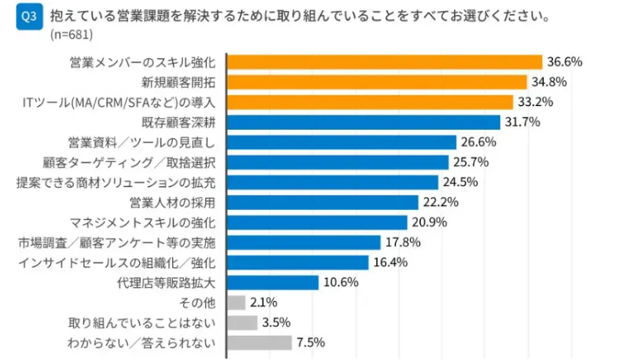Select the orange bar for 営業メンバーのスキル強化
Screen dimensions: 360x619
point(384,61)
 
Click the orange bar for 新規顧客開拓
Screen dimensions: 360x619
point(376,82)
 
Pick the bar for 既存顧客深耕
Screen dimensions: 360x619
point(363,122)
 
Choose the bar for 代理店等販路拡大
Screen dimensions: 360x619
point(273,282)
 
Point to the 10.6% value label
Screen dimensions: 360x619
point(340,282)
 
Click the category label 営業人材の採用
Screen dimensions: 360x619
point(172,202)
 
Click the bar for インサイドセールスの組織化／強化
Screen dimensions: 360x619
point(297,263)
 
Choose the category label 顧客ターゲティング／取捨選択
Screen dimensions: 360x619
point(130,162)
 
